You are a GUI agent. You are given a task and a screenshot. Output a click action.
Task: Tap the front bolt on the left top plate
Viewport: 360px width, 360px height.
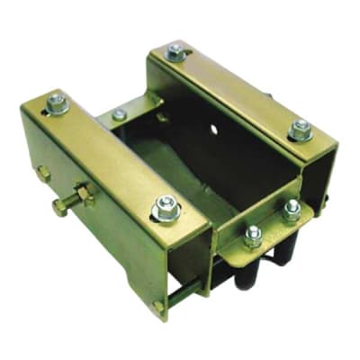click(166, 210)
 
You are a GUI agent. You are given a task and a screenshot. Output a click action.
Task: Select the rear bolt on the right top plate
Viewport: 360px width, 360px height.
click(176, 53)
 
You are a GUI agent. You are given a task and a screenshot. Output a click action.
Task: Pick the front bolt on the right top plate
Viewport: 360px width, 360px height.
click(301, 130)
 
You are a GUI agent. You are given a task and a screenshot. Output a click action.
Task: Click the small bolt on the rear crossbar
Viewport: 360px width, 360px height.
click(120, 115)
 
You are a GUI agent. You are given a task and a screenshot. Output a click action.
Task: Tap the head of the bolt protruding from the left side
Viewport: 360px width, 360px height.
click(58, 207)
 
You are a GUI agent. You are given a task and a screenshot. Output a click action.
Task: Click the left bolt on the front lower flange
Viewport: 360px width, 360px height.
click(254, 236)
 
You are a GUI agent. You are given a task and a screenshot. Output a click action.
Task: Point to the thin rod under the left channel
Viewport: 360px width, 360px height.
click(184, 292)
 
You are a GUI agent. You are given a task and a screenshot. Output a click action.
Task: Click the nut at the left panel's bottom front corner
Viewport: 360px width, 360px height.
click(158, 307)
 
